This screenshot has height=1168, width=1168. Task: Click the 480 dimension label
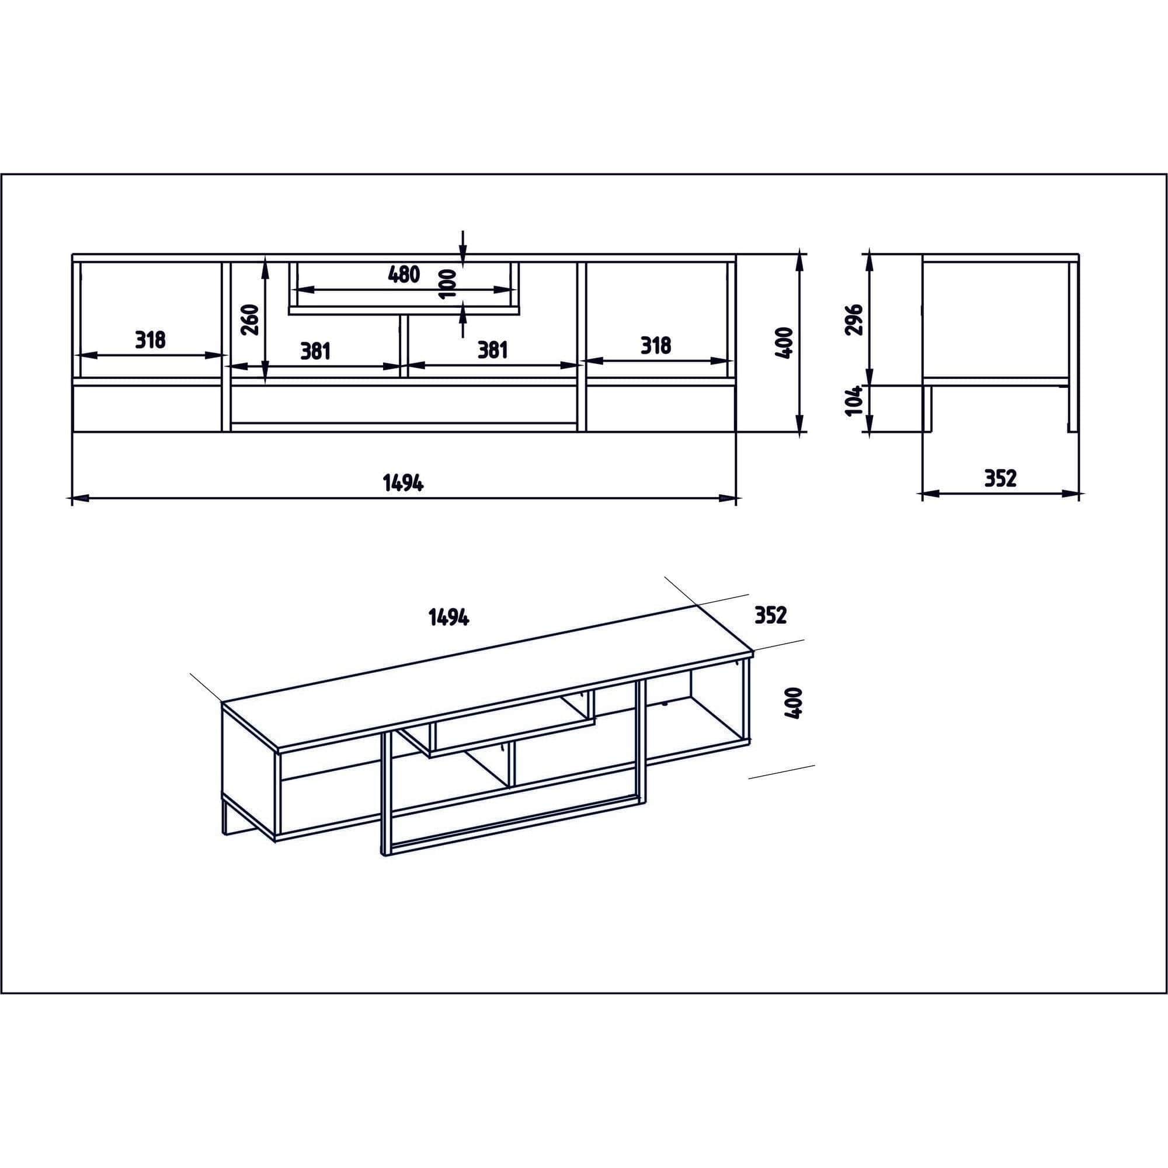click(x=404, y=274)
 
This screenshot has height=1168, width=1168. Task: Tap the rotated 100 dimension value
click(x=448, y=284)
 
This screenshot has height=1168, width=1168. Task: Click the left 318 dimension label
click(x=150, y=340)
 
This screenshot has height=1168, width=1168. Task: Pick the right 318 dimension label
click(x=655, y=346)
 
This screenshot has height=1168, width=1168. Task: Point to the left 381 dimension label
click(x=315, y=350)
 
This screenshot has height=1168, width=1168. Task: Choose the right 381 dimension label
click(x=493, y=350)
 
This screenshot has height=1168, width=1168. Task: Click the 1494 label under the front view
click(x=402, y=483)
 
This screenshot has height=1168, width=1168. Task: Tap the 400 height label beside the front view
click(x=784, y=343)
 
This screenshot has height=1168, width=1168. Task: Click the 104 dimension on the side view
click(x=853, y=401)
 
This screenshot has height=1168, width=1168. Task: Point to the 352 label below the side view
click(x=1000, y=478)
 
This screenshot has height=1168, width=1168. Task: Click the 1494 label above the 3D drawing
click(x=449, y=617)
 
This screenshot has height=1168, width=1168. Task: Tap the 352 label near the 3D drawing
click(x=771, y=616)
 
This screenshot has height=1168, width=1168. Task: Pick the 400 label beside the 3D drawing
click(x=793, y=703)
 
